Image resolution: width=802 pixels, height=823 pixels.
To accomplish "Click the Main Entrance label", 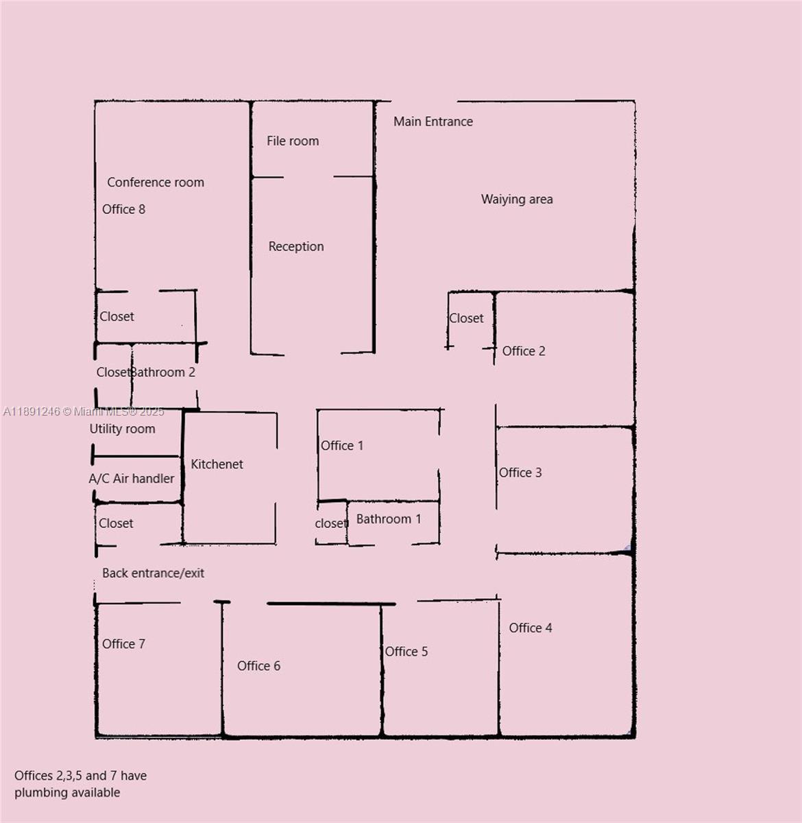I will point(433,121).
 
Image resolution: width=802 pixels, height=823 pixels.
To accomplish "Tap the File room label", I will point(293,141).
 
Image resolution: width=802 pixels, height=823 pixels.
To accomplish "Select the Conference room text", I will point(156,182).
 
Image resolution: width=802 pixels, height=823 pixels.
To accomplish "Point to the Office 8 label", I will point(123,209).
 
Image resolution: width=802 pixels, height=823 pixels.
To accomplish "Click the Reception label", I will point(296,246).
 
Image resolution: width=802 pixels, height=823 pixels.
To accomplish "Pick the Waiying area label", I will point(517,200).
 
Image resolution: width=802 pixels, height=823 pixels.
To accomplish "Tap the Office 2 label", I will point(524,351).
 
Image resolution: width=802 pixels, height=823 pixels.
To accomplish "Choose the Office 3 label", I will point(520,473).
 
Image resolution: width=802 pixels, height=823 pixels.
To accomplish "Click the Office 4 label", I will point(531,628).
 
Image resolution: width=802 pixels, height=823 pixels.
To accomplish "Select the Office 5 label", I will point(406,652).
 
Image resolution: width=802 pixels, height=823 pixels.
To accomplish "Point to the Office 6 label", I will point(258,666).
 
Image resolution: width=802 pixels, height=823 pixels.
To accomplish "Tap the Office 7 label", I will point(123,644).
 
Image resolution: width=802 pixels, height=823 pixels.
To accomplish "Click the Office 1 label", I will point(342,446).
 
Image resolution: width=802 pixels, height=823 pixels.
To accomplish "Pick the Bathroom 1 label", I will point(389,519).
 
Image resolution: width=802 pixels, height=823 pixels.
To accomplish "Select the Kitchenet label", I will point(217,464).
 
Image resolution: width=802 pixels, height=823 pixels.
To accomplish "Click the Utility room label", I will point(122,429).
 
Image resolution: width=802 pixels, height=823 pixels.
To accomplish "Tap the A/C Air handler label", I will point(132,479).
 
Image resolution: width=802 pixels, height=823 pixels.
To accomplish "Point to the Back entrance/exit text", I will point(153,573).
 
